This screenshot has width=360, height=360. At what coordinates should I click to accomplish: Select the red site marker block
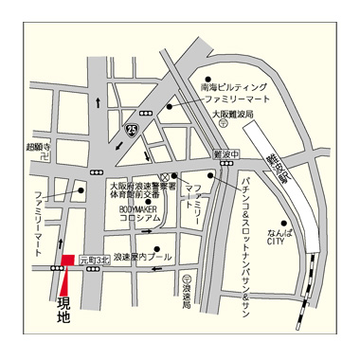[65, 261]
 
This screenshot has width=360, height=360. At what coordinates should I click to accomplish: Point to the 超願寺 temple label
[39, 145]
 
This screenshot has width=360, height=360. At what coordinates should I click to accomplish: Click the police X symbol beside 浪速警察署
[164, 177]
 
